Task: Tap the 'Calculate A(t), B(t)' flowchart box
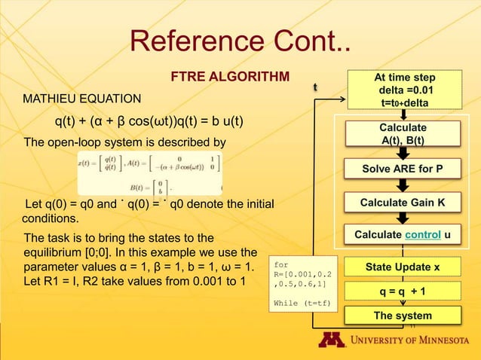pyautogui.click(x=403, y=133)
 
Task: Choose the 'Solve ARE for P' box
pyautogui.click(x=403, y=169)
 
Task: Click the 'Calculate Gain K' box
pyautogui.click(x=403, y=203)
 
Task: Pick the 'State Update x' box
pyautogui.click(x=403, y=267)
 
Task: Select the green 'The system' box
pyautogui.click(x=403, y=316)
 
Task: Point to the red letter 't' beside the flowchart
pyautogui.click(x=317, y=88)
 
